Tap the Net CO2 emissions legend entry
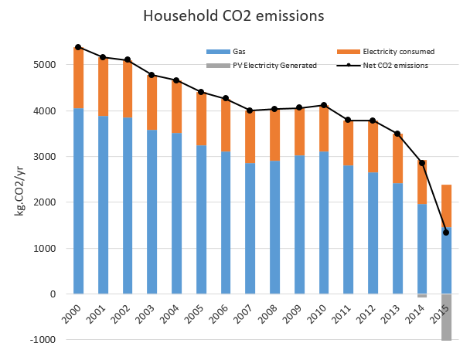(x=395, y=66)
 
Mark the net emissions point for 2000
(x=78, y=47)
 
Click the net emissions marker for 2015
(x=446, y=233)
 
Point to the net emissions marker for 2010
(x=323, y=105)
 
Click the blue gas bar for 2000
(x=78, y=201)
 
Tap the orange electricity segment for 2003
(x=152, y=102)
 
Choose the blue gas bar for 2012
(x=373, y=233)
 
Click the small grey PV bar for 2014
(x=421, y=296)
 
